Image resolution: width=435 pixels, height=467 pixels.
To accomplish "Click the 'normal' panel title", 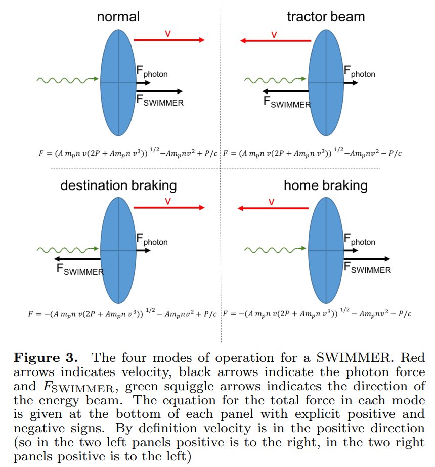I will pos(118,17).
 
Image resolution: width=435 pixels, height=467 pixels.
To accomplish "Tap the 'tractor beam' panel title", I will pos(326,17).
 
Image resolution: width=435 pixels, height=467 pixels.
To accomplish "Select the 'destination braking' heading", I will pos(118,185).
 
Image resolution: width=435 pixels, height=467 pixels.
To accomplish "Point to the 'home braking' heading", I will pos(326,185).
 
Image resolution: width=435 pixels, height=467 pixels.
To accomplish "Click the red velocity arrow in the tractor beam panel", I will pos(275,41).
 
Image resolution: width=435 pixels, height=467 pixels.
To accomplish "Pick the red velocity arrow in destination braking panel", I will pos(169,207).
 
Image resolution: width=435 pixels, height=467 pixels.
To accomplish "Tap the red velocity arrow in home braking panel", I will pos(273,208).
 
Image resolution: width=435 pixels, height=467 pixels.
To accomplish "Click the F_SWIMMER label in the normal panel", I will pos(160,100).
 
